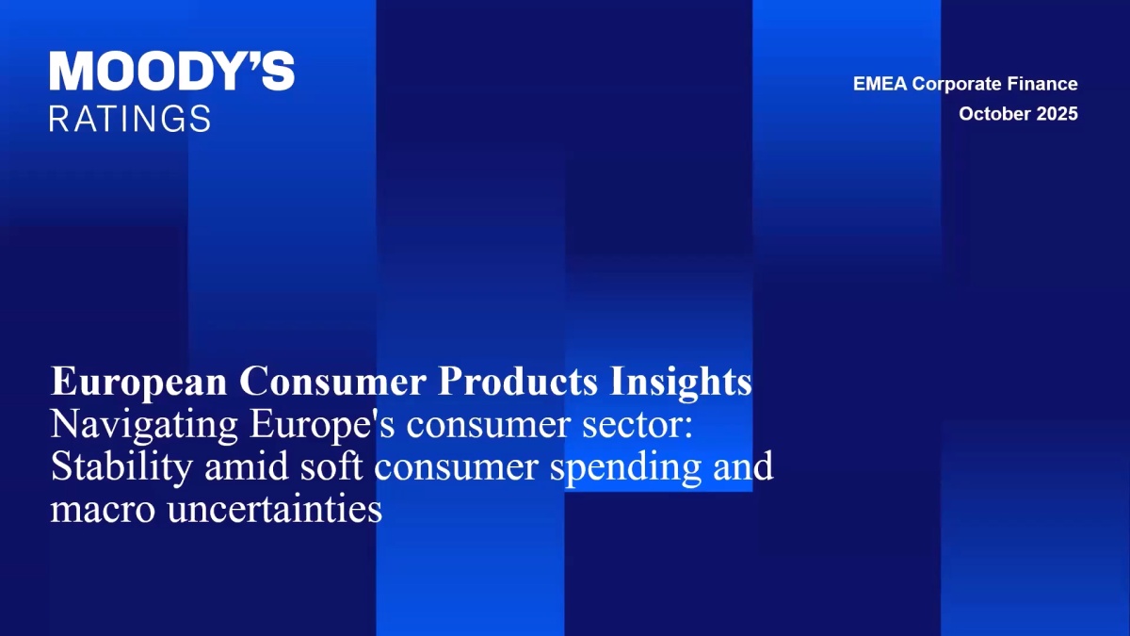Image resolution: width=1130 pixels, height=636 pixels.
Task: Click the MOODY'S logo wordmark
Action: coord(172,72)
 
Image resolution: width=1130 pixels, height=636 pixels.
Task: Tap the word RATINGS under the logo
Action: coord(130,119)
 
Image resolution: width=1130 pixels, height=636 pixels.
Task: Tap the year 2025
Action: coord(1057,114)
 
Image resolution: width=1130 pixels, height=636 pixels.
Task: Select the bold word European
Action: coord(138,383)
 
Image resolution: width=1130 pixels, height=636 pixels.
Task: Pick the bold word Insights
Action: coord(681,383)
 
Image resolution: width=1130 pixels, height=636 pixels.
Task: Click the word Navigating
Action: coord(144,426)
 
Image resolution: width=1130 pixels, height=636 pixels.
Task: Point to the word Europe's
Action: coord(322,426)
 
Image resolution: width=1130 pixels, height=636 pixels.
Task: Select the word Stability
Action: coord(121,468)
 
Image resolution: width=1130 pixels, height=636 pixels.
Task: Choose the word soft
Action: coord(331,466)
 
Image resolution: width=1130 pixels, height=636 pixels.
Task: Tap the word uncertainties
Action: coord(274,508)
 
